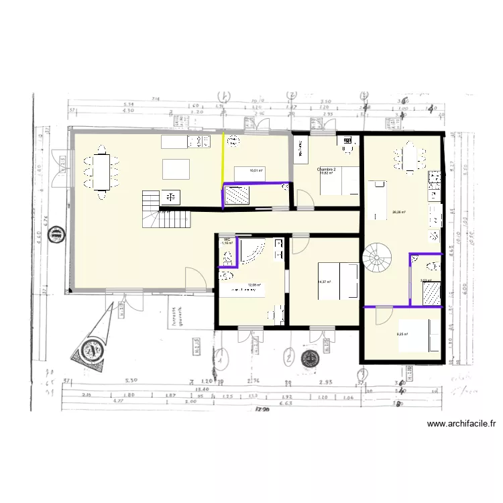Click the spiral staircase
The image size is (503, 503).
375,256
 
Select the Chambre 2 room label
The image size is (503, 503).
327,170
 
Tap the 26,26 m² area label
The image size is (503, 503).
399,213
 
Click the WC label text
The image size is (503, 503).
227,239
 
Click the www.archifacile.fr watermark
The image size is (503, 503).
461,424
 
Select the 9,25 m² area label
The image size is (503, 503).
402,334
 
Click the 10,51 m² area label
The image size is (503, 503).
256,171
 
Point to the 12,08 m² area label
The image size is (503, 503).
253,284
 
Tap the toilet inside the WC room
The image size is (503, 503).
227,256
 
